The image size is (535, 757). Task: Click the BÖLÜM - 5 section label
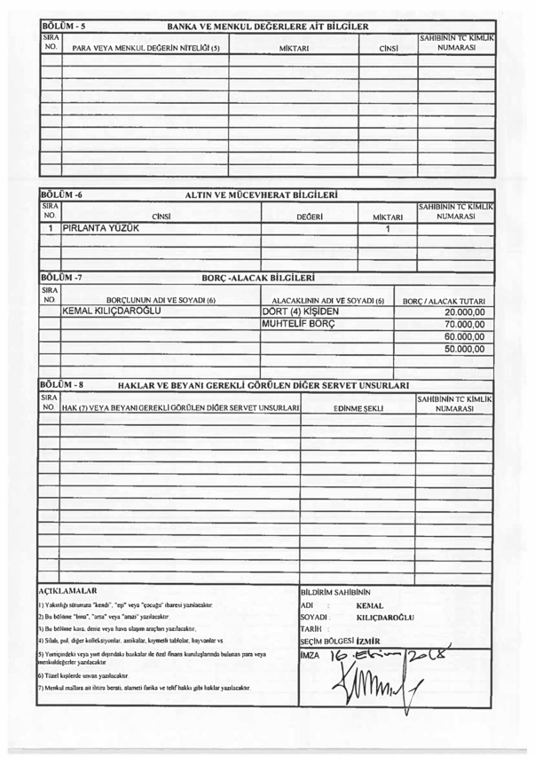tap(65, 26)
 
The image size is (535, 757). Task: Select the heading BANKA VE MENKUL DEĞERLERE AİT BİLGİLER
tap(268, 26)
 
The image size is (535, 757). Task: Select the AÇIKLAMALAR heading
tap(67, 590)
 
